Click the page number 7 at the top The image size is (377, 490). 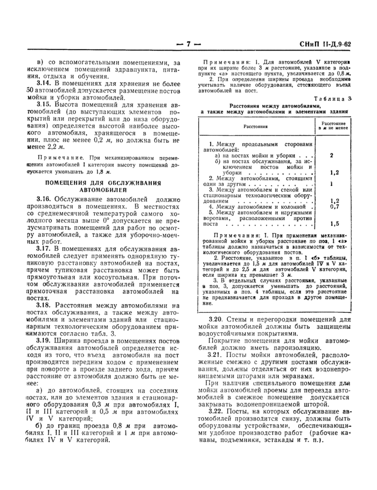coord(188,44)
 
